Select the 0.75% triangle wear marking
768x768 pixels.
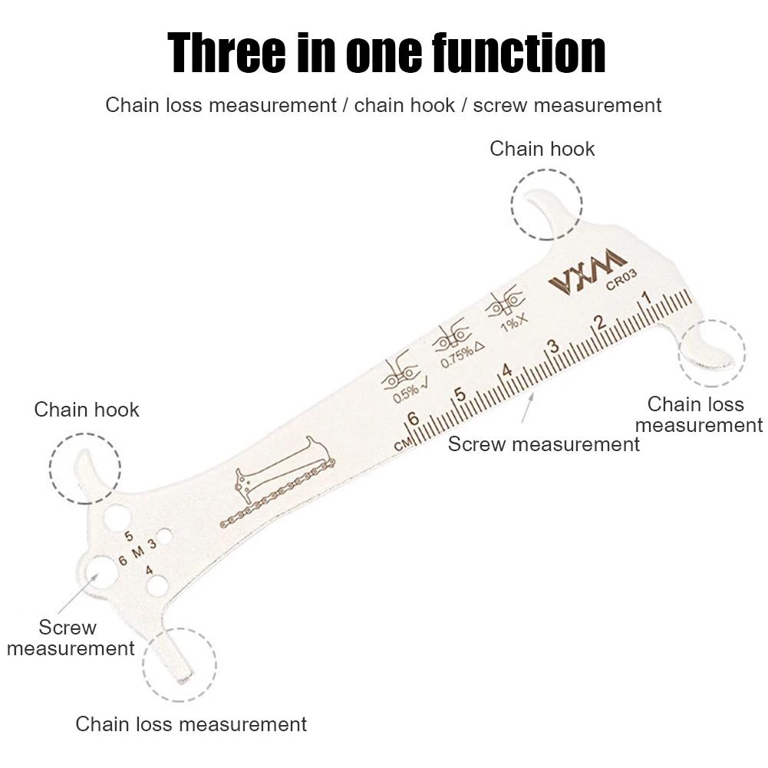pos(457,348)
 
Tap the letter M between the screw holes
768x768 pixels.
pos(137,552)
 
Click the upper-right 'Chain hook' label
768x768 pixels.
pos(542,149)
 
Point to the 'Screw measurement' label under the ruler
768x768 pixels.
pos(543,444)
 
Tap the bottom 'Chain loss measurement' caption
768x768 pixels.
pos(191,724)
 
